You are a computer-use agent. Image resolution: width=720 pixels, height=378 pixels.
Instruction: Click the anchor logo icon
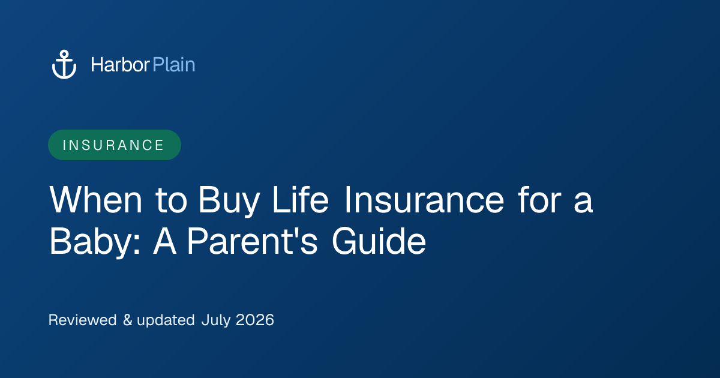(64, 64)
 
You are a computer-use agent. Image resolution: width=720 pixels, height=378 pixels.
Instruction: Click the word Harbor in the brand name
(120, 65)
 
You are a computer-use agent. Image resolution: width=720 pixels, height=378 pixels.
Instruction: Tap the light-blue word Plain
(174, 65)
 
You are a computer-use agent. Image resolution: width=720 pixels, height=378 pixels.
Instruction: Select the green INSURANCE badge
(115, 145)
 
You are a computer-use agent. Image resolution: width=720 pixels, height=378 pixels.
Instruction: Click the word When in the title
(95, 200)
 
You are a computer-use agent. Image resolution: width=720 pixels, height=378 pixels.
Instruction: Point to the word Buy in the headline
(229, 202)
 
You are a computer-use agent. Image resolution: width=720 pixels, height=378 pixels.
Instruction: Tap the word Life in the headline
(301, 199)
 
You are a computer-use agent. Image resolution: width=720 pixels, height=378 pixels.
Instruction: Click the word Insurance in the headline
(424, 200)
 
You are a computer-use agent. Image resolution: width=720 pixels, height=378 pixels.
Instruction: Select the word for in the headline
(540, 199)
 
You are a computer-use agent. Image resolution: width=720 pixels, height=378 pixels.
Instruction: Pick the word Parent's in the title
(253, 241)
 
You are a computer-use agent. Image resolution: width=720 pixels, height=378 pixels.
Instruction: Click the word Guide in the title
(379, 241)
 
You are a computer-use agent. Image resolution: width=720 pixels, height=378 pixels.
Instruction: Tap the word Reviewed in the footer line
(83, 320)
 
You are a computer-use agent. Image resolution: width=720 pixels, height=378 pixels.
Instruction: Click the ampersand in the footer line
(128, 320)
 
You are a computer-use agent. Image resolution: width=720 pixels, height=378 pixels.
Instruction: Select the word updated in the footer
(166, 321)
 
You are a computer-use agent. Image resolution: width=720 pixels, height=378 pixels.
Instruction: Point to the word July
(215, 321)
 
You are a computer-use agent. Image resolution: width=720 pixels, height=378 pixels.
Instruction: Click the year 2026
(255, 320)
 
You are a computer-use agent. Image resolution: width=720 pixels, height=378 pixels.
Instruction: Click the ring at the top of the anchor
(64, 54)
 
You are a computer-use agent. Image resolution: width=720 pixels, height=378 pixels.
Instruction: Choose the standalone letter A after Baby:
(164, 241)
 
